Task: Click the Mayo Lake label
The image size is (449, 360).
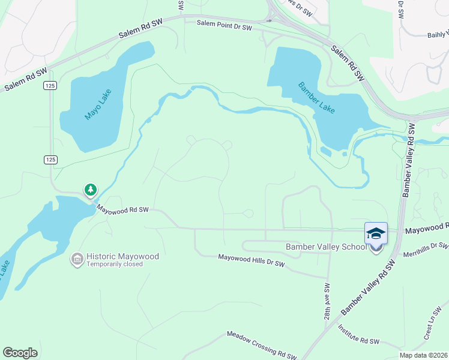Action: tap(95, 103)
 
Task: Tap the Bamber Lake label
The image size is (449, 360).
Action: tap(316, 97)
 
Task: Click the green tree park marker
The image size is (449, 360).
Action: tap(90, 190)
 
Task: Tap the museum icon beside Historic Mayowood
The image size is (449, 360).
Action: tap(77, 259)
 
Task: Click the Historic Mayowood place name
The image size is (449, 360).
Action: tap(122, 256)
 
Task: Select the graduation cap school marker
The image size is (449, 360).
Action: tap(376, 233)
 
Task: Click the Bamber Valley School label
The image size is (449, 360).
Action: tap(326, 247)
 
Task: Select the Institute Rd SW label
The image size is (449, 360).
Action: tap(358, 335)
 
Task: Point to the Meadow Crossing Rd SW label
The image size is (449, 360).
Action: tap(261, 345)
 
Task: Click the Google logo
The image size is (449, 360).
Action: tap(20, 353)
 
